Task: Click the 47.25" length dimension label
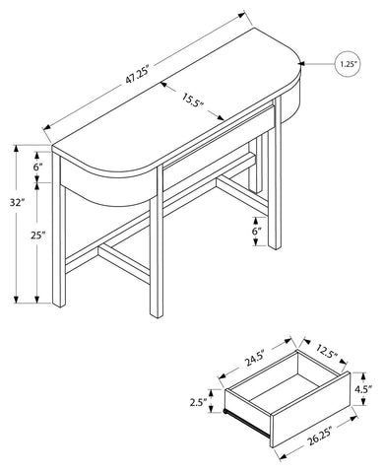[137, 76]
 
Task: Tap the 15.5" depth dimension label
[193, 100]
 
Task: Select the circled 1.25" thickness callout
[349, 64]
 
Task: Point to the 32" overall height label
[17, 202]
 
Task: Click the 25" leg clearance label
[38, 235]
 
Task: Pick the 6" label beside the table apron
[38, 167]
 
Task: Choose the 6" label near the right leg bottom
[256, 231]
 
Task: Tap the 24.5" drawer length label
[254, 359]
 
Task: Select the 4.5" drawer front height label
[363, 388]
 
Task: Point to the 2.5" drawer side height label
[198, 402]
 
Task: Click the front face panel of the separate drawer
[310, 410]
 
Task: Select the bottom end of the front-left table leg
[59, 304]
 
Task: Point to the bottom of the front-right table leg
[275, 246]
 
